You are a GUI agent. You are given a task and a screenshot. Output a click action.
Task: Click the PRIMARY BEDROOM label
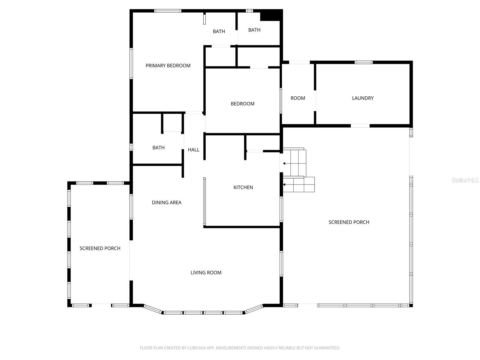click(168, 66)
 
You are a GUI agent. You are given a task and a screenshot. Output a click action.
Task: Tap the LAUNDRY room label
click(363, 98)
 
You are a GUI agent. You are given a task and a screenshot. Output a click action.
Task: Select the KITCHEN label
click(243, 187)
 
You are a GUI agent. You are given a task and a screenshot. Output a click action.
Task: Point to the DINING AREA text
click(166, 202)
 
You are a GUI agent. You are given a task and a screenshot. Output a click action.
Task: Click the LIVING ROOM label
click(206, 273)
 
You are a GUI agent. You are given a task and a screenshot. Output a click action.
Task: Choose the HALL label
click(193, 150)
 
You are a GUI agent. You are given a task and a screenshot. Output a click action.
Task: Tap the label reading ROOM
click(298, 98)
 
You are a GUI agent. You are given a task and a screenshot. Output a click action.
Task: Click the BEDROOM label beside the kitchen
click(242, 104)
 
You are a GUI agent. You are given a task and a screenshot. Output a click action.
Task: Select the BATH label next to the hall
click(158, 148)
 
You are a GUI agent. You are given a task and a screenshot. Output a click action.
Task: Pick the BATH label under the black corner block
click(254, 30)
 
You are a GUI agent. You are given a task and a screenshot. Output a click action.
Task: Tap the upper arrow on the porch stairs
click(284, 163)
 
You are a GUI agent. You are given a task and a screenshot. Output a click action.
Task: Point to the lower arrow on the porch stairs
click(284, 184)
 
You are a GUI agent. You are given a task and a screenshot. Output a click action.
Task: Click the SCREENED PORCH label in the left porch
click(100, 248)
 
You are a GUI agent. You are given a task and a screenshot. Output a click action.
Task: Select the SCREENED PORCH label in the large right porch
click(349, 222)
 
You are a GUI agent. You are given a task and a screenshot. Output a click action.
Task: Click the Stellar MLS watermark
click(465, 180)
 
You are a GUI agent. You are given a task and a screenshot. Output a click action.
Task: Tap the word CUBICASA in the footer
click(196, 348)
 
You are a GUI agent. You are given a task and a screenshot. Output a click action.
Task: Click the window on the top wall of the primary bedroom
click(168, 11)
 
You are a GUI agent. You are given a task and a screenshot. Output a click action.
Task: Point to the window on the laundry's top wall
click(363, 62)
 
